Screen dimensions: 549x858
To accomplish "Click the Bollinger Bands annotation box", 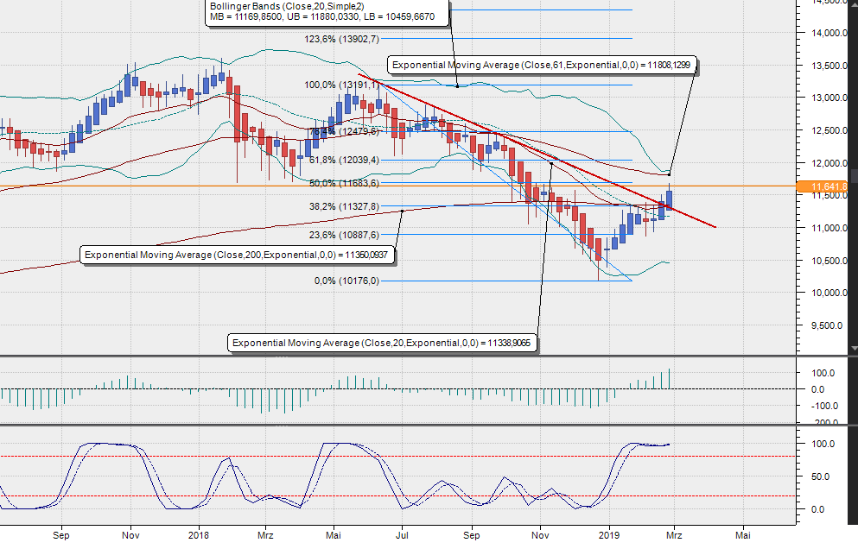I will tap(328, 11).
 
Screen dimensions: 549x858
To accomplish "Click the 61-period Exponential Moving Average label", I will tap(541, 65).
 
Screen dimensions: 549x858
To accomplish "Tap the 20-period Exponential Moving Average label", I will tap(384, 343).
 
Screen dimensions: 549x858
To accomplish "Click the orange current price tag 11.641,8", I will tap(829, 186).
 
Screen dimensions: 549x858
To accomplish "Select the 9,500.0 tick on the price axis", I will tap(828, 325).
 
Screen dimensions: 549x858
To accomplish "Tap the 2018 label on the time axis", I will tap(199, 534).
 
